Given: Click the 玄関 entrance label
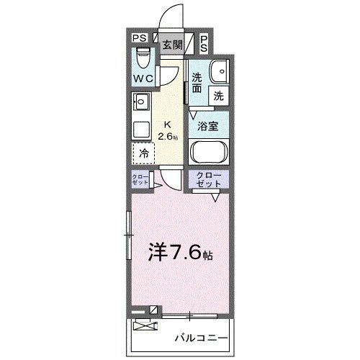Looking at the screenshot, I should [171, 44].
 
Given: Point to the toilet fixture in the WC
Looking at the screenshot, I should [143, 55].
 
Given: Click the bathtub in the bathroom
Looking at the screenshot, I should [210, 154].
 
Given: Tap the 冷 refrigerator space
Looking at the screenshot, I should [143, 154].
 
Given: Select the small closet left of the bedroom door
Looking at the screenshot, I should [140, 180].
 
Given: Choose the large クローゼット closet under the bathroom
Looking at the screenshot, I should [209, 180].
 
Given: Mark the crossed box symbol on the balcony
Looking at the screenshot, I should [145, 325].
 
